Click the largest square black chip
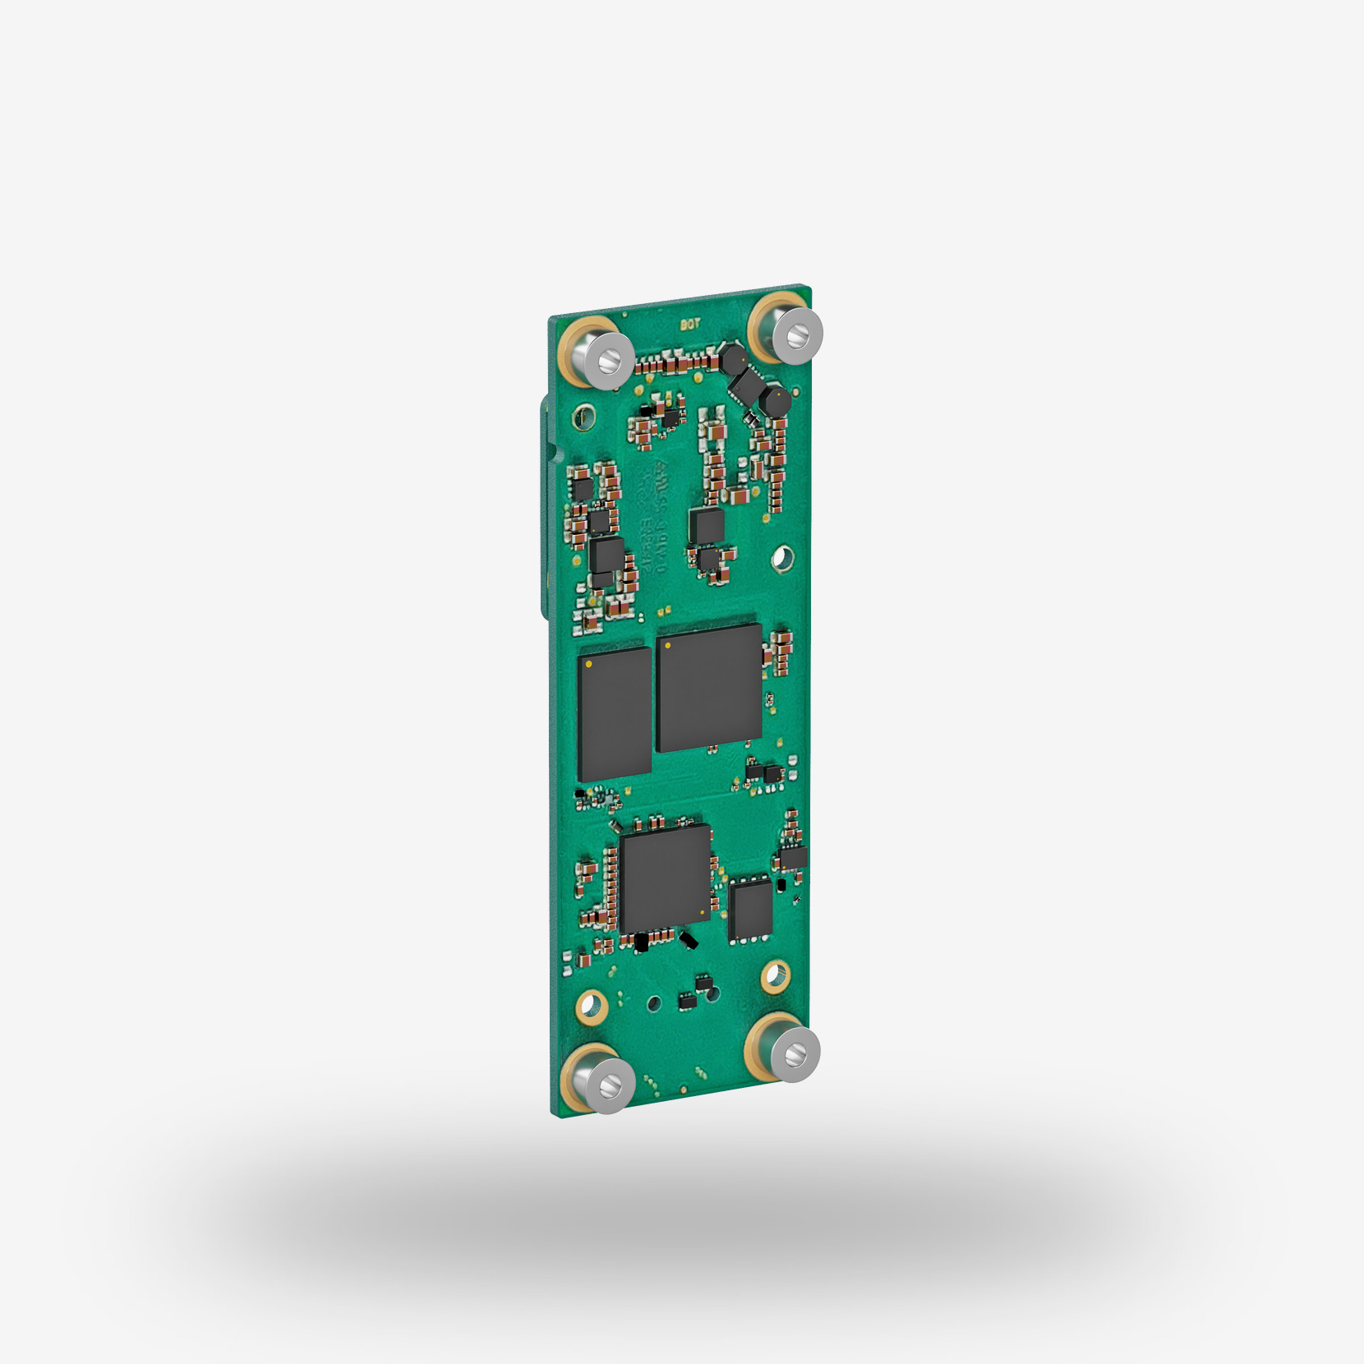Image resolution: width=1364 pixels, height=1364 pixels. click(709, 688)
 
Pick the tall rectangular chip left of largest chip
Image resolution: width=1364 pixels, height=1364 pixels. click(615, 713)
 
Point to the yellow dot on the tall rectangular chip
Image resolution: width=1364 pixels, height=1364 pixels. click(588, 663)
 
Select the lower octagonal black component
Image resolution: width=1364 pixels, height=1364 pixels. click(774, 401)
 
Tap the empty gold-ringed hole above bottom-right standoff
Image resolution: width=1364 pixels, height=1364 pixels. click(774, 975)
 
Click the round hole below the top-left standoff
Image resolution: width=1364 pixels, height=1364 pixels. click(584, 416)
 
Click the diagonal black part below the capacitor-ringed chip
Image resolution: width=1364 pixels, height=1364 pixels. click(690, 939)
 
